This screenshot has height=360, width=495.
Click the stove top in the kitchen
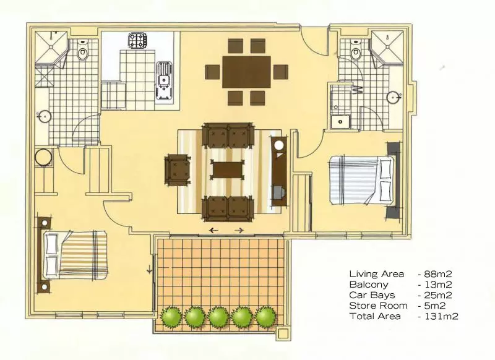point(137,40)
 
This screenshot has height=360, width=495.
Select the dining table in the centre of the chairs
point(246,72)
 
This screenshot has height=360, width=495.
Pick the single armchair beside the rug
point(177,169)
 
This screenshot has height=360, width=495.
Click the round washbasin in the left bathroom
point(45,117)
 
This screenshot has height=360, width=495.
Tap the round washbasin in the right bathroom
point(394,97)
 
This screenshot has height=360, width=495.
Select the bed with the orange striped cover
point(75,255)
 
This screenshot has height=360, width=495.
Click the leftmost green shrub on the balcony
point(171,317)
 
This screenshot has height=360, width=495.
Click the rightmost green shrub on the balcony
point(266,317)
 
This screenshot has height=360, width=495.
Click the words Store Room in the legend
point(378,306)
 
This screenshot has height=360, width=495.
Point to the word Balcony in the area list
point(369,285)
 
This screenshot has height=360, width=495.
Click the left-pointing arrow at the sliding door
point(213,230)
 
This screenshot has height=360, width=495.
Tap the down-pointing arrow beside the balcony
point(149,270)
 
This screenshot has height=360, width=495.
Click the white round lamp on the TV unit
point(279,145)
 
